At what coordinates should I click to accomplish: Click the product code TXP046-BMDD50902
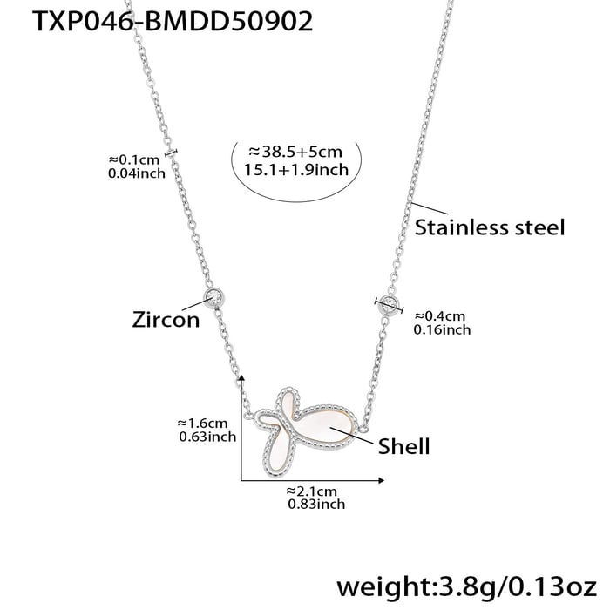173,21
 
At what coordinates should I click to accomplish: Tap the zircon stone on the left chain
213,298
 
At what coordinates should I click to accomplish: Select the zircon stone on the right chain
389,304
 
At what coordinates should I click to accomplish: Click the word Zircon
166,320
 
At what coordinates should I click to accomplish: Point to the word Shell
403,446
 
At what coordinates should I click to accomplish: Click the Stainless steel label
490,227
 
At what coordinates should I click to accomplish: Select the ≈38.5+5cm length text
295,152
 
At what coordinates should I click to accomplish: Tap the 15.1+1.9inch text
296,170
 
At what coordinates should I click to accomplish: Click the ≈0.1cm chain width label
134,159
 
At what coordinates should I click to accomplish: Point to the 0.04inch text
137,173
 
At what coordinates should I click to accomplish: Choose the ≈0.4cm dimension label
439,315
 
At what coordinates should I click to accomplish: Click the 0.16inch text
442,330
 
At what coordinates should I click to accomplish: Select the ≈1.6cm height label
202,423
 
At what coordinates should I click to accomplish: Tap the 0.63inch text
207,437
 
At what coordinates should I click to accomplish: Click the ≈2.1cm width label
312,491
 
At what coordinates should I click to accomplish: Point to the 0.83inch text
316,505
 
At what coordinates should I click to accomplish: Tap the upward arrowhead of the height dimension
241,378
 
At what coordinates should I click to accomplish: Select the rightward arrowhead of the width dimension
382,480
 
